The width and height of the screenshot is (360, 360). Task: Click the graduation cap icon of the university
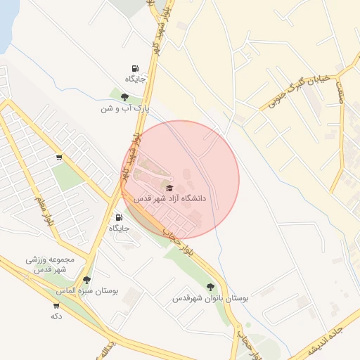[x=169, y=187]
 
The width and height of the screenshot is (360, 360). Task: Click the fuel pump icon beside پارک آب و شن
[x=134, y=68]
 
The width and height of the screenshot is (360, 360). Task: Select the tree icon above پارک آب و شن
[x=124, y=98]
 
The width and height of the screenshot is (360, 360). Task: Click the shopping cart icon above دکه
[x=56, y=306]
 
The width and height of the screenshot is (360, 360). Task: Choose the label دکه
[x=56, y=316]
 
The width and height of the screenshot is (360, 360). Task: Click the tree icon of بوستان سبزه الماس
[x=87, y=279]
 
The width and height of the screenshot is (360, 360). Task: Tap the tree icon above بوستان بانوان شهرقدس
[x=211, y=287]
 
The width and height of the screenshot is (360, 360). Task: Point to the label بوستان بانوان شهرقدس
[x=211, y=299]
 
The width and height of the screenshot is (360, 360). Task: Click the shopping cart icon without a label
[x=58, y=157]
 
